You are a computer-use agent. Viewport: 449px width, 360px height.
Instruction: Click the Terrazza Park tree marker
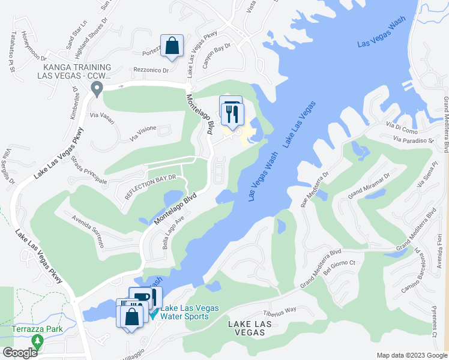[38, 341]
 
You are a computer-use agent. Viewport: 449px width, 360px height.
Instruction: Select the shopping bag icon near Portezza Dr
[172, 46]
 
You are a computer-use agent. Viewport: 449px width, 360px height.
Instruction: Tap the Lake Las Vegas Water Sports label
[184, 313]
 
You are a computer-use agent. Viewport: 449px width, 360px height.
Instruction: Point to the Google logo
[20, 353]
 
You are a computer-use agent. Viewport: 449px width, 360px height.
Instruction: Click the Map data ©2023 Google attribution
[411, 355]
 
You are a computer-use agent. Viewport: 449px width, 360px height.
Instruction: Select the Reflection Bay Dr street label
[150, 187]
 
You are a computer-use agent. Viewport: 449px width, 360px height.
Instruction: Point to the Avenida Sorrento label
[88, 232]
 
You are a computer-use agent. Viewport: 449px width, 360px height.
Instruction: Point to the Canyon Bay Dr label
[217, 55]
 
